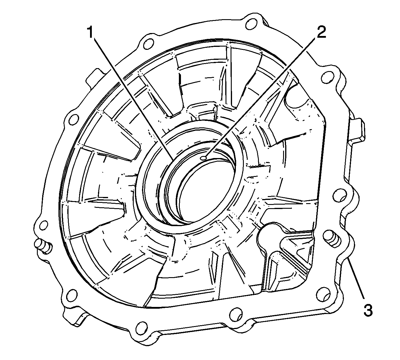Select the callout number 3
[x=368, y=310]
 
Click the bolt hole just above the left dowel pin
[x=43, y=226]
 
